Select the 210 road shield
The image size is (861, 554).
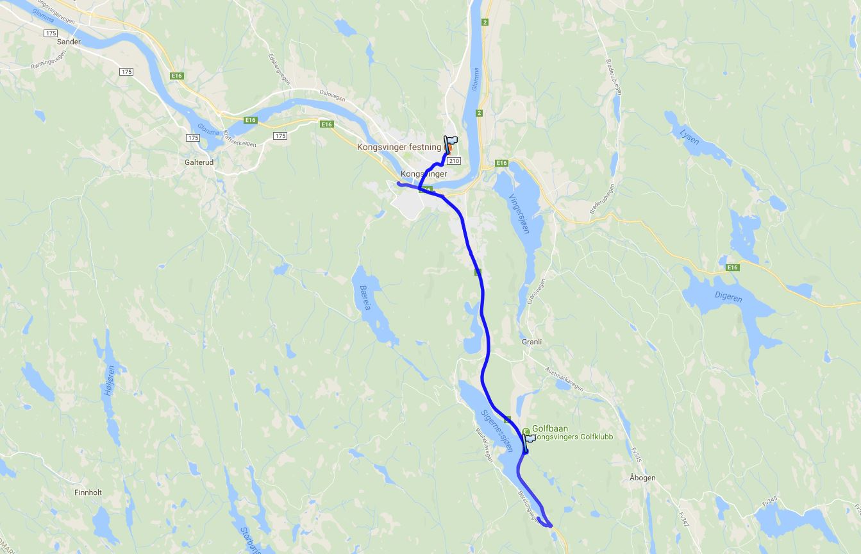coord(454,160)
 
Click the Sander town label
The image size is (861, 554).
coord(69,42)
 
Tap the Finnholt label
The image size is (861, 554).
coord(88,492)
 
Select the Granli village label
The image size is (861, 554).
coord(531,342)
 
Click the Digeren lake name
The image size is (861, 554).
coord(728,298)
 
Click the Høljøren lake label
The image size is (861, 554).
coord(110,380)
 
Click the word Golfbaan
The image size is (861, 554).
coord(549,428)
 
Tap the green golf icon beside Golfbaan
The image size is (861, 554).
coord(526,430)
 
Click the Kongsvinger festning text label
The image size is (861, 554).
coord(399,147)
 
